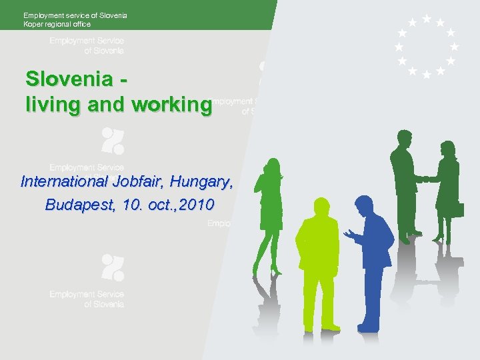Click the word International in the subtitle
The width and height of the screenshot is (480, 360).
coord(63,181)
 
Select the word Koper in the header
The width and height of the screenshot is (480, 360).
coord(33,25)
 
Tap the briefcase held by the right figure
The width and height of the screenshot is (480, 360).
coord(457,209)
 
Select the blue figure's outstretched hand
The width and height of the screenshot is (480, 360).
coord(348,233)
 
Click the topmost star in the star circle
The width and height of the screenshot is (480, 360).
coord(427,19)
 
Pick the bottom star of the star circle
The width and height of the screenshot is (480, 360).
coord(427,74)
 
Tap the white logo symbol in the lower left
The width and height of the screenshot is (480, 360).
coord(112,267)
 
